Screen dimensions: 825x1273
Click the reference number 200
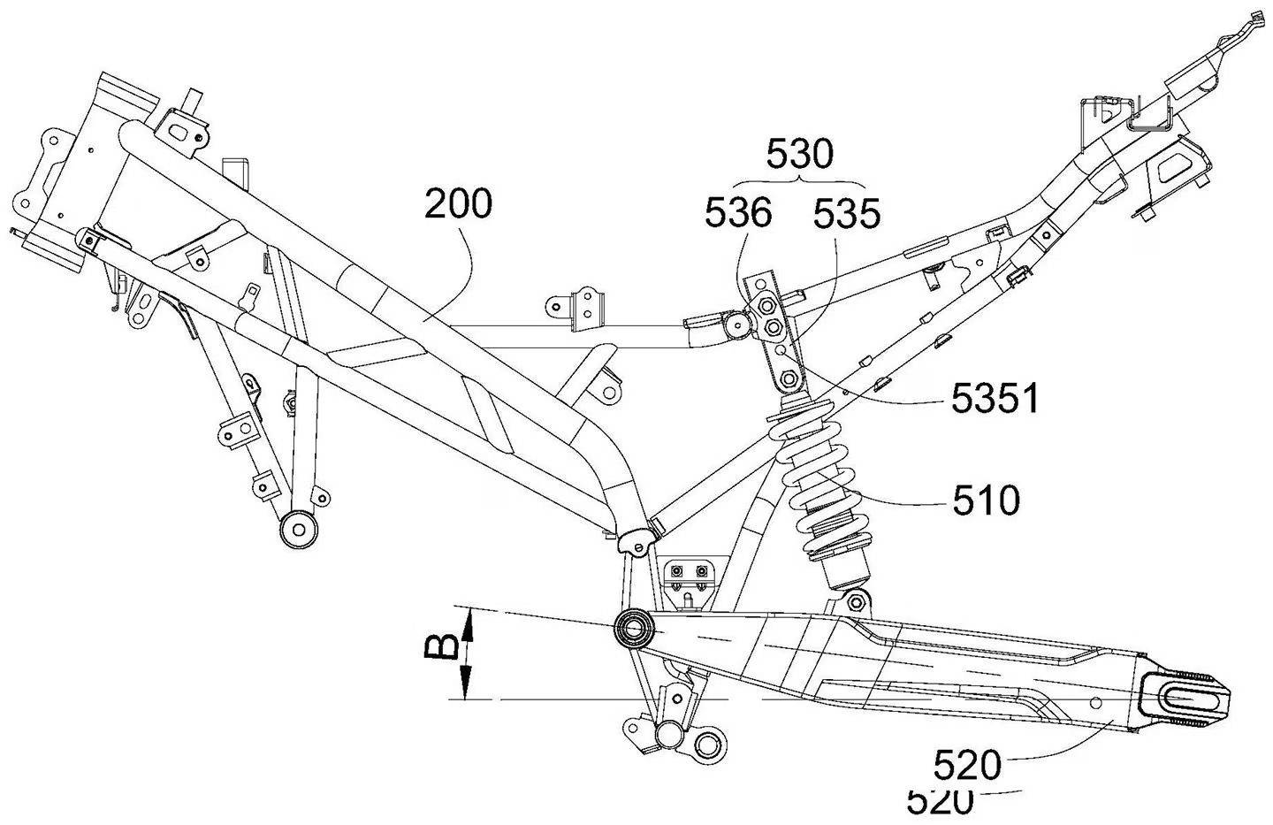point(457,204)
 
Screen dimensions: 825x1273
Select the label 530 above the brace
point(799,155)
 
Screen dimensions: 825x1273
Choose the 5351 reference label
point(994,400)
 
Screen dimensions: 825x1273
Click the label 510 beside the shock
point(986,501)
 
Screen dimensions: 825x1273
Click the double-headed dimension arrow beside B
point(469,653)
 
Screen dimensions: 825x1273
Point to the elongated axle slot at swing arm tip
point(1189,700)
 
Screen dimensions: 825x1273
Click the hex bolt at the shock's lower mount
point(854,604)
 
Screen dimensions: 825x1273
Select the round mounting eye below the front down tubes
point(297,530)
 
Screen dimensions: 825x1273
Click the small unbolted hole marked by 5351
point(781,350)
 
